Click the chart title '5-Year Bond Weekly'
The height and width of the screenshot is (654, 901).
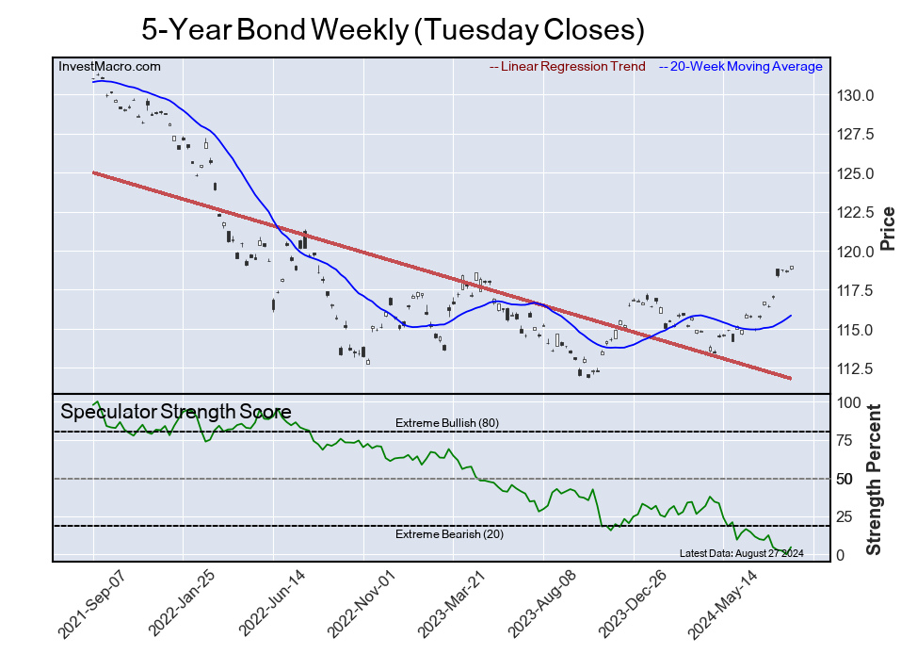pos(393,29)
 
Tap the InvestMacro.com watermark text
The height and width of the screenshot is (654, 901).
pos(109,67)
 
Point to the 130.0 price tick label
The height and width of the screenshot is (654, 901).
pos(857,96)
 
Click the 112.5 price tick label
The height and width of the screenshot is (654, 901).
pos(857,368)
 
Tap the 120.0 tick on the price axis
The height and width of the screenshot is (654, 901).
pos(857,252)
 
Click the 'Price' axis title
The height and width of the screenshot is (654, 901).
pos(887,227)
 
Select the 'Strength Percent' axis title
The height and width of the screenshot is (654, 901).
pos(874,479)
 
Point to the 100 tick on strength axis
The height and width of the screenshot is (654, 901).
pos(848,403)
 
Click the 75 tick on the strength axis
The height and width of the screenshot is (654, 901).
pos(845,441)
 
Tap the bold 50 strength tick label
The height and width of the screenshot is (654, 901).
pos(845,480)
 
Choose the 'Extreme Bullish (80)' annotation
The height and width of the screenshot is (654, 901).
pos(446,423)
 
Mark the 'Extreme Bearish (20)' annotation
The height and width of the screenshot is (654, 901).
pos(446,535)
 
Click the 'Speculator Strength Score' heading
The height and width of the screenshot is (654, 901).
pos(175,412)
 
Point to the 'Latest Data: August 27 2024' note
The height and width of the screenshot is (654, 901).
pos(740,553)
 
